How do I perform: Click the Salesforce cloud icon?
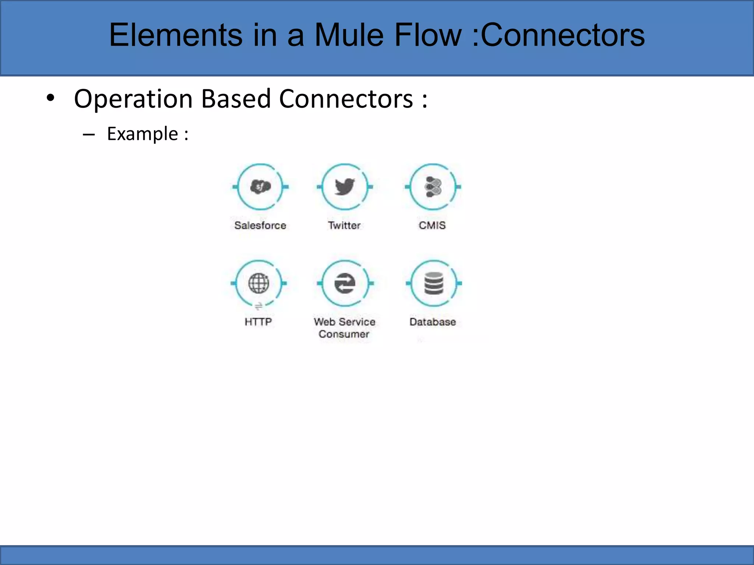click(260, 187)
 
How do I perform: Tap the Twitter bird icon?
click(345, 187)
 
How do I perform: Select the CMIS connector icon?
click(433, 187)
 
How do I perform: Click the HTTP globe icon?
click(258, 283)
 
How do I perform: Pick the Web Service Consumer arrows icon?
click(345, 283)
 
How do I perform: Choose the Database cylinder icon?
click(434, 283)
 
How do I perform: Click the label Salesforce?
click(260, 225)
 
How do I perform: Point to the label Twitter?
click(344, 225)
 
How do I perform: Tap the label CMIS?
click(432, 225)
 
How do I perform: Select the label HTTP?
click(258, 322)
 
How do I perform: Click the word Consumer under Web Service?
click(344, 334)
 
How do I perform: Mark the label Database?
click(433, 322)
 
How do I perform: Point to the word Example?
click(142, 134)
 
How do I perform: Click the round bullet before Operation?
click(50, 98)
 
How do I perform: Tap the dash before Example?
click(89, 135)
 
